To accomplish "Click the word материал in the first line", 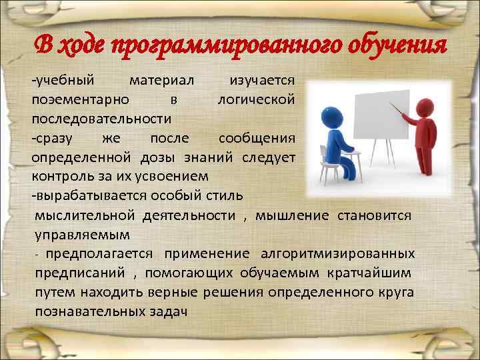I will pyautogui.click(x=162, y=80).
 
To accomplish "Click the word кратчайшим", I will pyautogui.click(x=369, y=273).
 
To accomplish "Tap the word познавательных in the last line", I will pyautogui.click(x=85, y=312).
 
